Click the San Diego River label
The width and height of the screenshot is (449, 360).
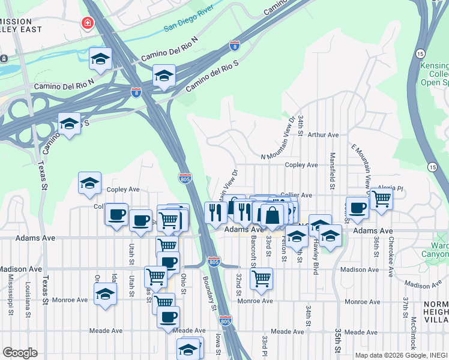pyautogui.click(x=189, y=26)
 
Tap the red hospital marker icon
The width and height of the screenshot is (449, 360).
pyautogui.click(x=88, y=23)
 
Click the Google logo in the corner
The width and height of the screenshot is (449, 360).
pyautogui.click(x=20, y=353)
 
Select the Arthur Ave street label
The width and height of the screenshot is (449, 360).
pyautogui.click(x=324, y=135)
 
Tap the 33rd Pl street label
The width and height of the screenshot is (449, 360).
pyautogui.click(x=264, y=347)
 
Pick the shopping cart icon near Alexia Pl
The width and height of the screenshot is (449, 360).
pyautogui.click(x=381, y=197)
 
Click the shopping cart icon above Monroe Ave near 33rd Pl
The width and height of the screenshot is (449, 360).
pyautogui.click(x=261, y=277)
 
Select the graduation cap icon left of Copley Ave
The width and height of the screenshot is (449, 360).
pyautogui.click(x=89, y=182)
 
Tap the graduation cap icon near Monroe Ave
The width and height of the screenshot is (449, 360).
pyautogui.click(x=106, y=294)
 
